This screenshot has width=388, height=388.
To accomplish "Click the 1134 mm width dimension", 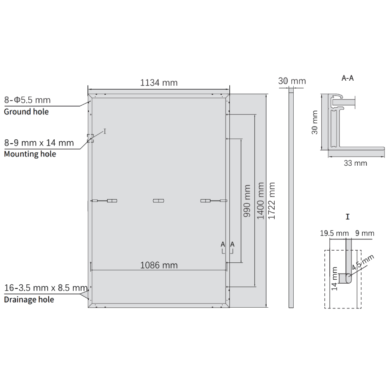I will point(159,83).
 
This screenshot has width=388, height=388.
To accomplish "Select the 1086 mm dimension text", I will point(159,265).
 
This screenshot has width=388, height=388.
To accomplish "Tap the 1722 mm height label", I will point(272,201).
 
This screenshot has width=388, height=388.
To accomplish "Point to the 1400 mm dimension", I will point(260,201).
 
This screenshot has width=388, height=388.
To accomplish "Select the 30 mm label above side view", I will point(292,81).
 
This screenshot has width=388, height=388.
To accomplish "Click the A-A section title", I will point(347,78).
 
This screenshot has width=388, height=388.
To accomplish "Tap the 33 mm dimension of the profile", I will point(355,163).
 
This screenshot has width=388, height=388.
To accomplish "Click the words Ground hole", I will point(26,112).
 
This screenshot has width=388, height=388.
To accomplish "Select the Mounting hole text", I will point(30,154).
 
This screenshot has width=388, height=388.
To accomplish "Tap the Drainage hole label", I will point(29,300).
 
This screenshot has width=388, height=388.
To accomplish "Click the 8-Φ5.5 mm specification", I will point(27,100).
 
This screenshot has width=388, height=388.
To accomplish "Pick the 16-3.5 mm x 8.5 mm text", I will point(46,288).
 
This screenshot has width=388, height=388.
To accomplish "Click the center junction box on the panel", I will point(158,201).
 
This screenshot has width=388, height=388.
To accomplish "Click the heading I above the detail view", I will point(347,217).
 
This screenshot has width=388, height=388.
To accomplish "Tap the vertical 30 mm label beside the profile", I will point(315,122).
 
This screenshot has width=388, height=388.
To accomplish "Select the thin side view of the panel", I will point(291,198).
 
